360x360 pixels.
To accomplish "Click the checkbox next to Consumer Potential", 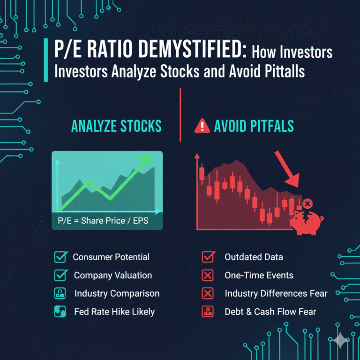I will (60, 257).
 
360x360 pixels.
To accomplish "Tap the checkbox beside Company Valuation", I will (60, 275).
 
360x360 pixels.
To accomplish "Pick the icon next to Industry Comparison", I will (60, 294).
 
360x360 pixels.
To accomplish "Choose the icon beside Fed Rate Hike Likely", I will (60, 312).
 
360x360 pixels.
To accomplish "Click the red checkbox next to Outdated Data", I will (207, 257).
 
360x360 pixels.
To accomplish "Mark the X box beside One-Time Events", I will (207, 275).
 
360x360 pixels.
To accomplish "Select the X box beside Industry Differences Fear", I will (207, 294).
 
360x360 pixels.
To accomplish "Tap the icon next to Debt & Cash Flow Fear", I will (207, 312).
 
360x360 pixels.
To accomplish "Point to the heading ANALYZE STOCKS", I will (116, 126).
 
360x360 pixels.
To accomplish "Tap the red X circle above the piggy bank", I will (307, 204).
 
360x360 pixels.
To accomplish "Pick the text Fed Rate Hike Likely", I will (114, 312).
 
